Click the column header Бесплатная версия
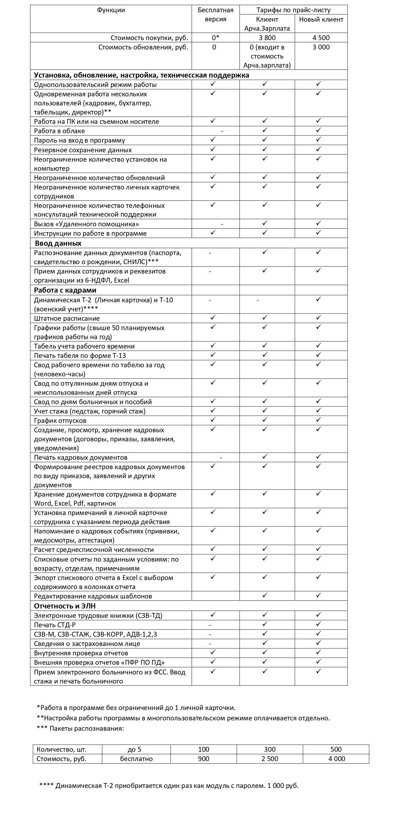(x=216, y=15)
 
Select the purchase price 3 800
(x=267, y=38)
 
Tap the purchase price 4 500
(x=321, y=38)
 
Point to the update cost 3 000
(x=321, y=47)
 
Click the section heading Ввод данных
(x=58, y=243)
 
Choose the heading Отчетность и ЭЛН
(x=65, y=606)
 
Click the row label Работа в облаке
(x=60, y=131)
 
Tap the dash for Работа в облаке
(x=222, y=131)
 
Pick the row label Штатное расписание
(x=67, y=318)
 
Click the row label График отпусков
(x=60, y=421)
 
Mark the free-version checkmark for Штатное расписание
(x=213, y=318)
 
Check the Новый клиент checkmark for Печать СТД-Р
(x=318, y=624)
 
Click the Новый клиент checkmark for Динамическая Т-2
(x=318, y=299)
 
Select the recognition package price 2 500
(x=270, y=759)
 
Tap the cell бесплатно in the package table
(x=136, y=759)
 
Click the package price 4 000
(x=337, y=759)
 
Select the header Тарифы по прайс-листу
(x=294, y=10)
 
